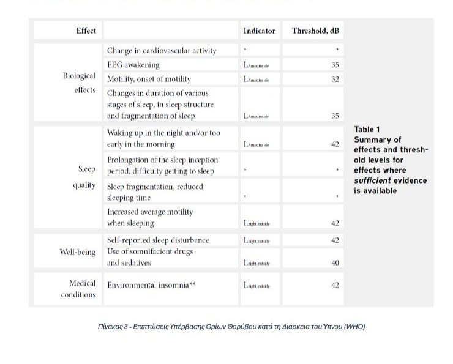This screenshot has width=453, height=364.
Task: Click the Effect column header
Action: pos(86,31)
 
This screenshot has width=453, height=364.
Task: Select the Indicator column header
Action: pos(259,31)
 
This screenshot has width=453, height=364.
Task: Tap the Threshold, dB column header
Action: pos(315,31)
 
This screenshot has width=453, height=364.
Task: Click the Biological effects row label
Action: pos(79,83)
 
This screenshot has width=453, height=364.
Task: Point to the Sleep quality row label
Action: pos(84,177)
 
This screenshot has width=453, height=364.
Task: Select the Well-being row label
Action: pos(77,251)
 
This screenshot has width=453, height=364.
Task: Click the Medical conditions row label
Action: pos(78,289)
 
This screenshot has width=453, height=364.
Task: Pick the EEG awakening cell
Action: pos(133,65)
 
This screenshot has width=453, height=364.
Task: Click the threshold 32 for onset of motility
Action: pos(335,80)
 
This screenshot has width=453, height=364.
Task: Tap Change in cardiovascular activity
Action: pos(162,51)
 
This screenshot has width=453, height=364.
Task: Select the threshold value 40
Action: pos(335,263)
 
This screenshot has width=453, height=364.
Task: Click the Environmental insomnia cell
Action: pos(151,285)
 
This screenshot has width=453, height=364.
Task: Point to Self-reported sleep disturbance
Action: pos(158,240)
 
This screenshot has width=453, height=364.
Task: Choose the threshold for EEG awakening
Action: pos(335,65)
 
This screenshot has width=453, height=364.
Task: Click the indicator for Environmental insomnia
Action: pos(256,286)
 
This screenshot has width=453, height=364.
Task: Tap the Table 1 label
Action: pos(367,130)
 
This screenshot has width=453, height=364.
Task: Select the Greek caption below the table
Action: pos(231,327)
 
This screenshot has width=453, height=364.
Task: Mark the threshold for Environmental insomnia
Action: pos(335,285)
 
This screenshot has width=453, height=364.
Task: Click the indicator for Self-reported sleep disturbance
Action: pos(256,240)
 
